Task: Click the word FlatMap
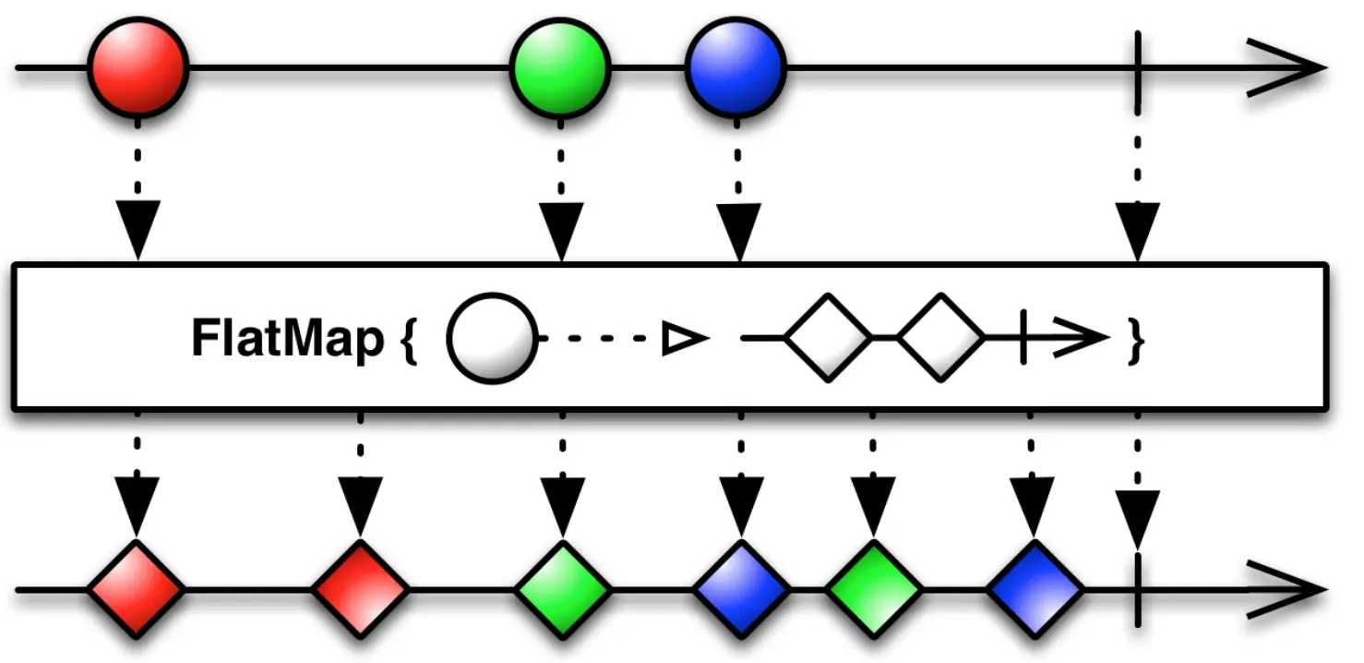287,339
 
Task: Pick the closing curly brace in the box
1137,340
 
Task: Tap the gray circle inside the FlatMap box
492,339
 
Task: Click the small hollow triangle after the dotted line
684,340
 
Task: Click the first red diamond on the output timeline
137,589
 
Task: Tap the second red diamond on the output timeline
360,589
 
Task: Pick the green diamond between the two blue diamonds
873,589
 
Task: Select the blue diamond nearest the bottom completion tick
1034,589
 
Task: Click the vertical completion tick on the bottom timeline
1137,589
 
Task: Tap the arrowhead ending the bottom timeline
1287,589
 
